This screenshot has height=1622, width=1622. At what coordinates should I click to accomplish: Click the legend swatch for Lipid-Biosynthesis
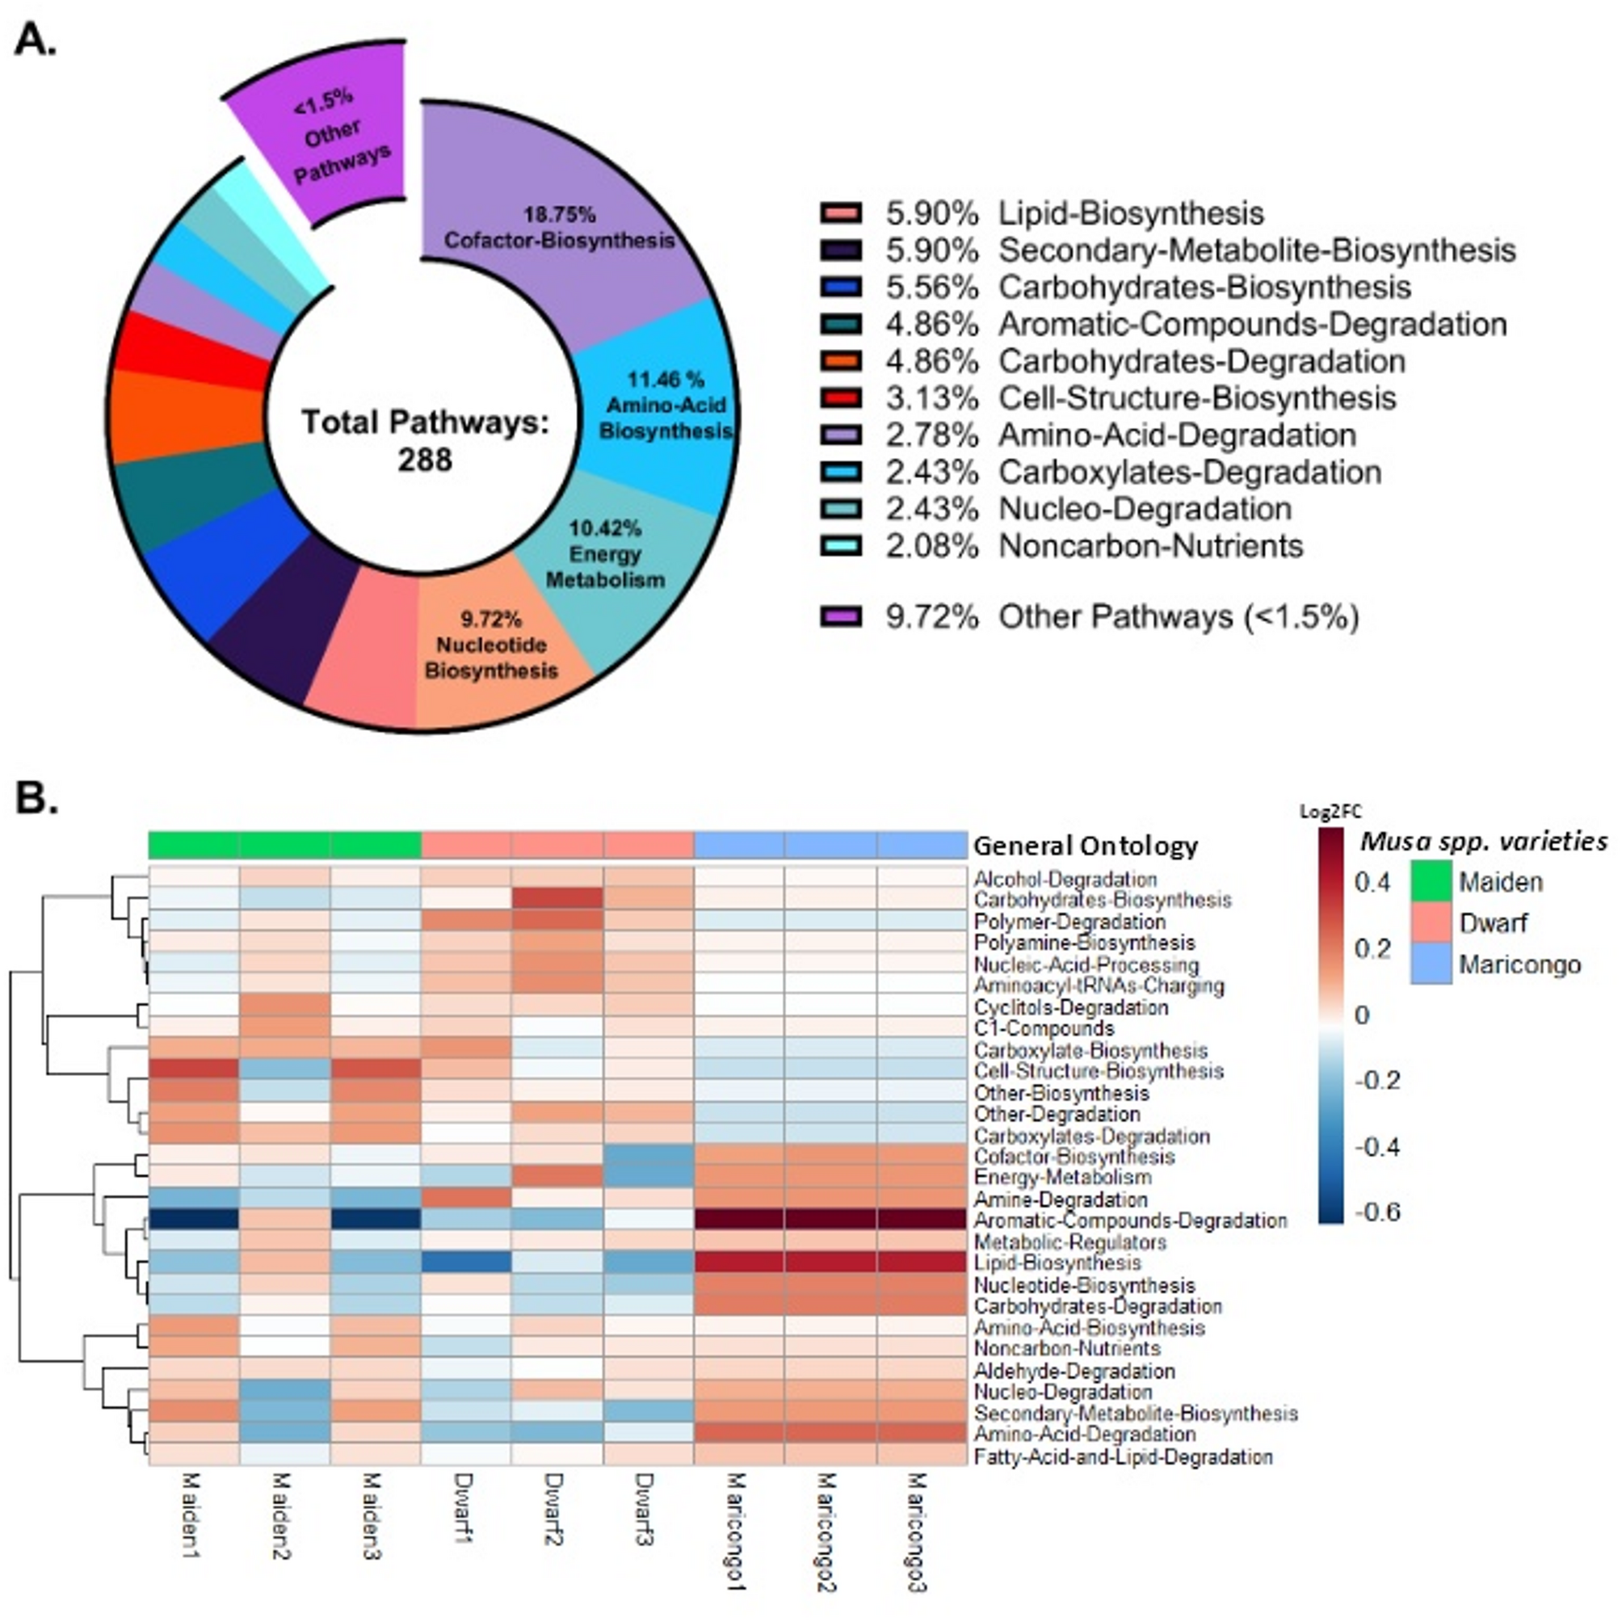coord(840,213)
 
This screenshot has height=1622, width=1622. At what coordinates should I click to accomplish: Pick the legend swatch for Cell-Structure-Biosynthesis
coord(840,398)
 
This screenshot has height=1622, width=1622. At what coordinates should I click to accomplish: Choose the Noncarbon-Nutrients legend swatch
coord(840,546)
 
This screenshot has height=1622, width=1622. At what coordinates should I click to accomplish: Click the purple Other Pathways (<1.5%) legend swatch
coord(840,617)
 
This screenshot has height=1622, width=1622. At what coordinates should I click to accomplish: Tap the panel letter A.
coord(36,40)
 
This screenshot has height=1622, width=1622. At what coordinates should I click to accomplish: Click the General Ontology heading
coord(1085,846)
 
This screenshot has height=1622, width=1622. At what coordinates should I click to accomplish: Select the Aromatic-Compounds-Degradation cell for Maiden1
coord(194,1220)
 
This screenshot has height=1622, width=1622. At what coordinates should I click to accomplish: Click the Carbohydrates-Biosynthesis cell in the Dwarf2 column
coord(557,899)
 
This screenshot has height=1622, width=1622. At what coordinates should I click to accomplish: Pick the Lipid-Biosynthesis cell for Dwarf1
coord(467,1263)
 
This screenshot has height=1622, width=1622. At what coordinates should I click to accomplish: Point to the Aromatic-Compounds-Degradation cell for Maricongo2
coord(830,1220)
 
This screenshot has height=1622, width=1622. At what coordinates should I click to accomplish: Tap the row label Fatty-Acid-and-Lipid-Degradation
coord(1123,1456)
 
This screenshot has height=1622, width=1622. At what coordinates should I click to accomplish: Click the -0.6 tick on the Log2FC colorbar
coord(1377,1212)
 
